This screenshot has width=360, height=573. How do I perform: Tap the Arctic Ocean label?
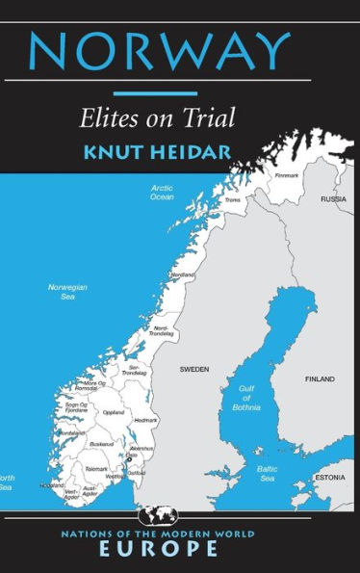[x=162, y=193]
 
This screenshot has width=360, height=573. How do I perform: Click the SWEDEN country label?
[x=193, y=369]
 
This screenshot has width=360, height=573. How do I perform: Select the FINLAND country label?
[x=321, y=379]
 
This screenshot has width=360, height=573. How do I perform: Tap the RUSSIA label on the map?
[x=333, y=199]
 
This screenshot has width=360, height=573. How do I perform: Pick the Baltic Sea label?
[x=267, y=474]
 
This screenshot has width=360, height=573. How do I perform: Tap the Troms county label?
[x=232, y=200]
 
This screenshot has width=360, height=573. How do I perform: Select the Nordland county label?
[x=183, y=275]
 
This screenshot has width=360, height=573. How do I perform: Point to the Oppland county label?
[x=114, y=412]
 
